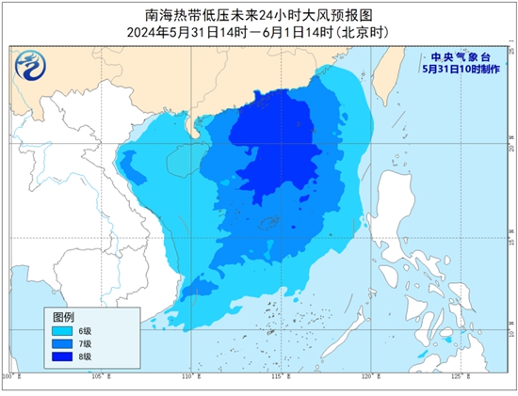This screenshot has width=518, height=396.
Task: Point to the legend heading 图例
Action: click(62, 316)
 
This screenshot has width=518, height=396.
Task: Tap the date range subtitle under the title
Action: click(259, 32)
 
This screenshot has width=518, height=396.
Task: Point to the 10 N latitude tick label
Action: click(509, 332)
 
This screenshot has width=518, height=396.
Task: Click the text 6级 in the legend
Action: click(85, 330)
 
